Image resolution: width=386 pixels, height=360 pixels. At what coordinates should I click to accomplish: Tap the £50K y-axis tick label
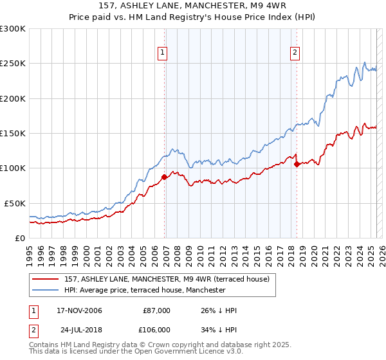15,203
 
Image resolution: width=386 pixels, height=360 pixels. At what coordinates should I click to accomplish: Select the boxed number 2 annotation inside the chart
295,53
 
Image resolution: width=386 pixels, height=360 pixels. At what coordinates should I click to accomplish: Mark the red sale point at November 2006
165,177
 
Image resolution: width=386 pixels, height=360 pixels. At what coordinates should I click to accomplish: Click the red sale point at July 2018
297,164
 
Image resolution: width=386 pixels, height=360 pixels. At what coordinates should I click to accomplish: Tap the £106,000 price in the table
156,329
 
